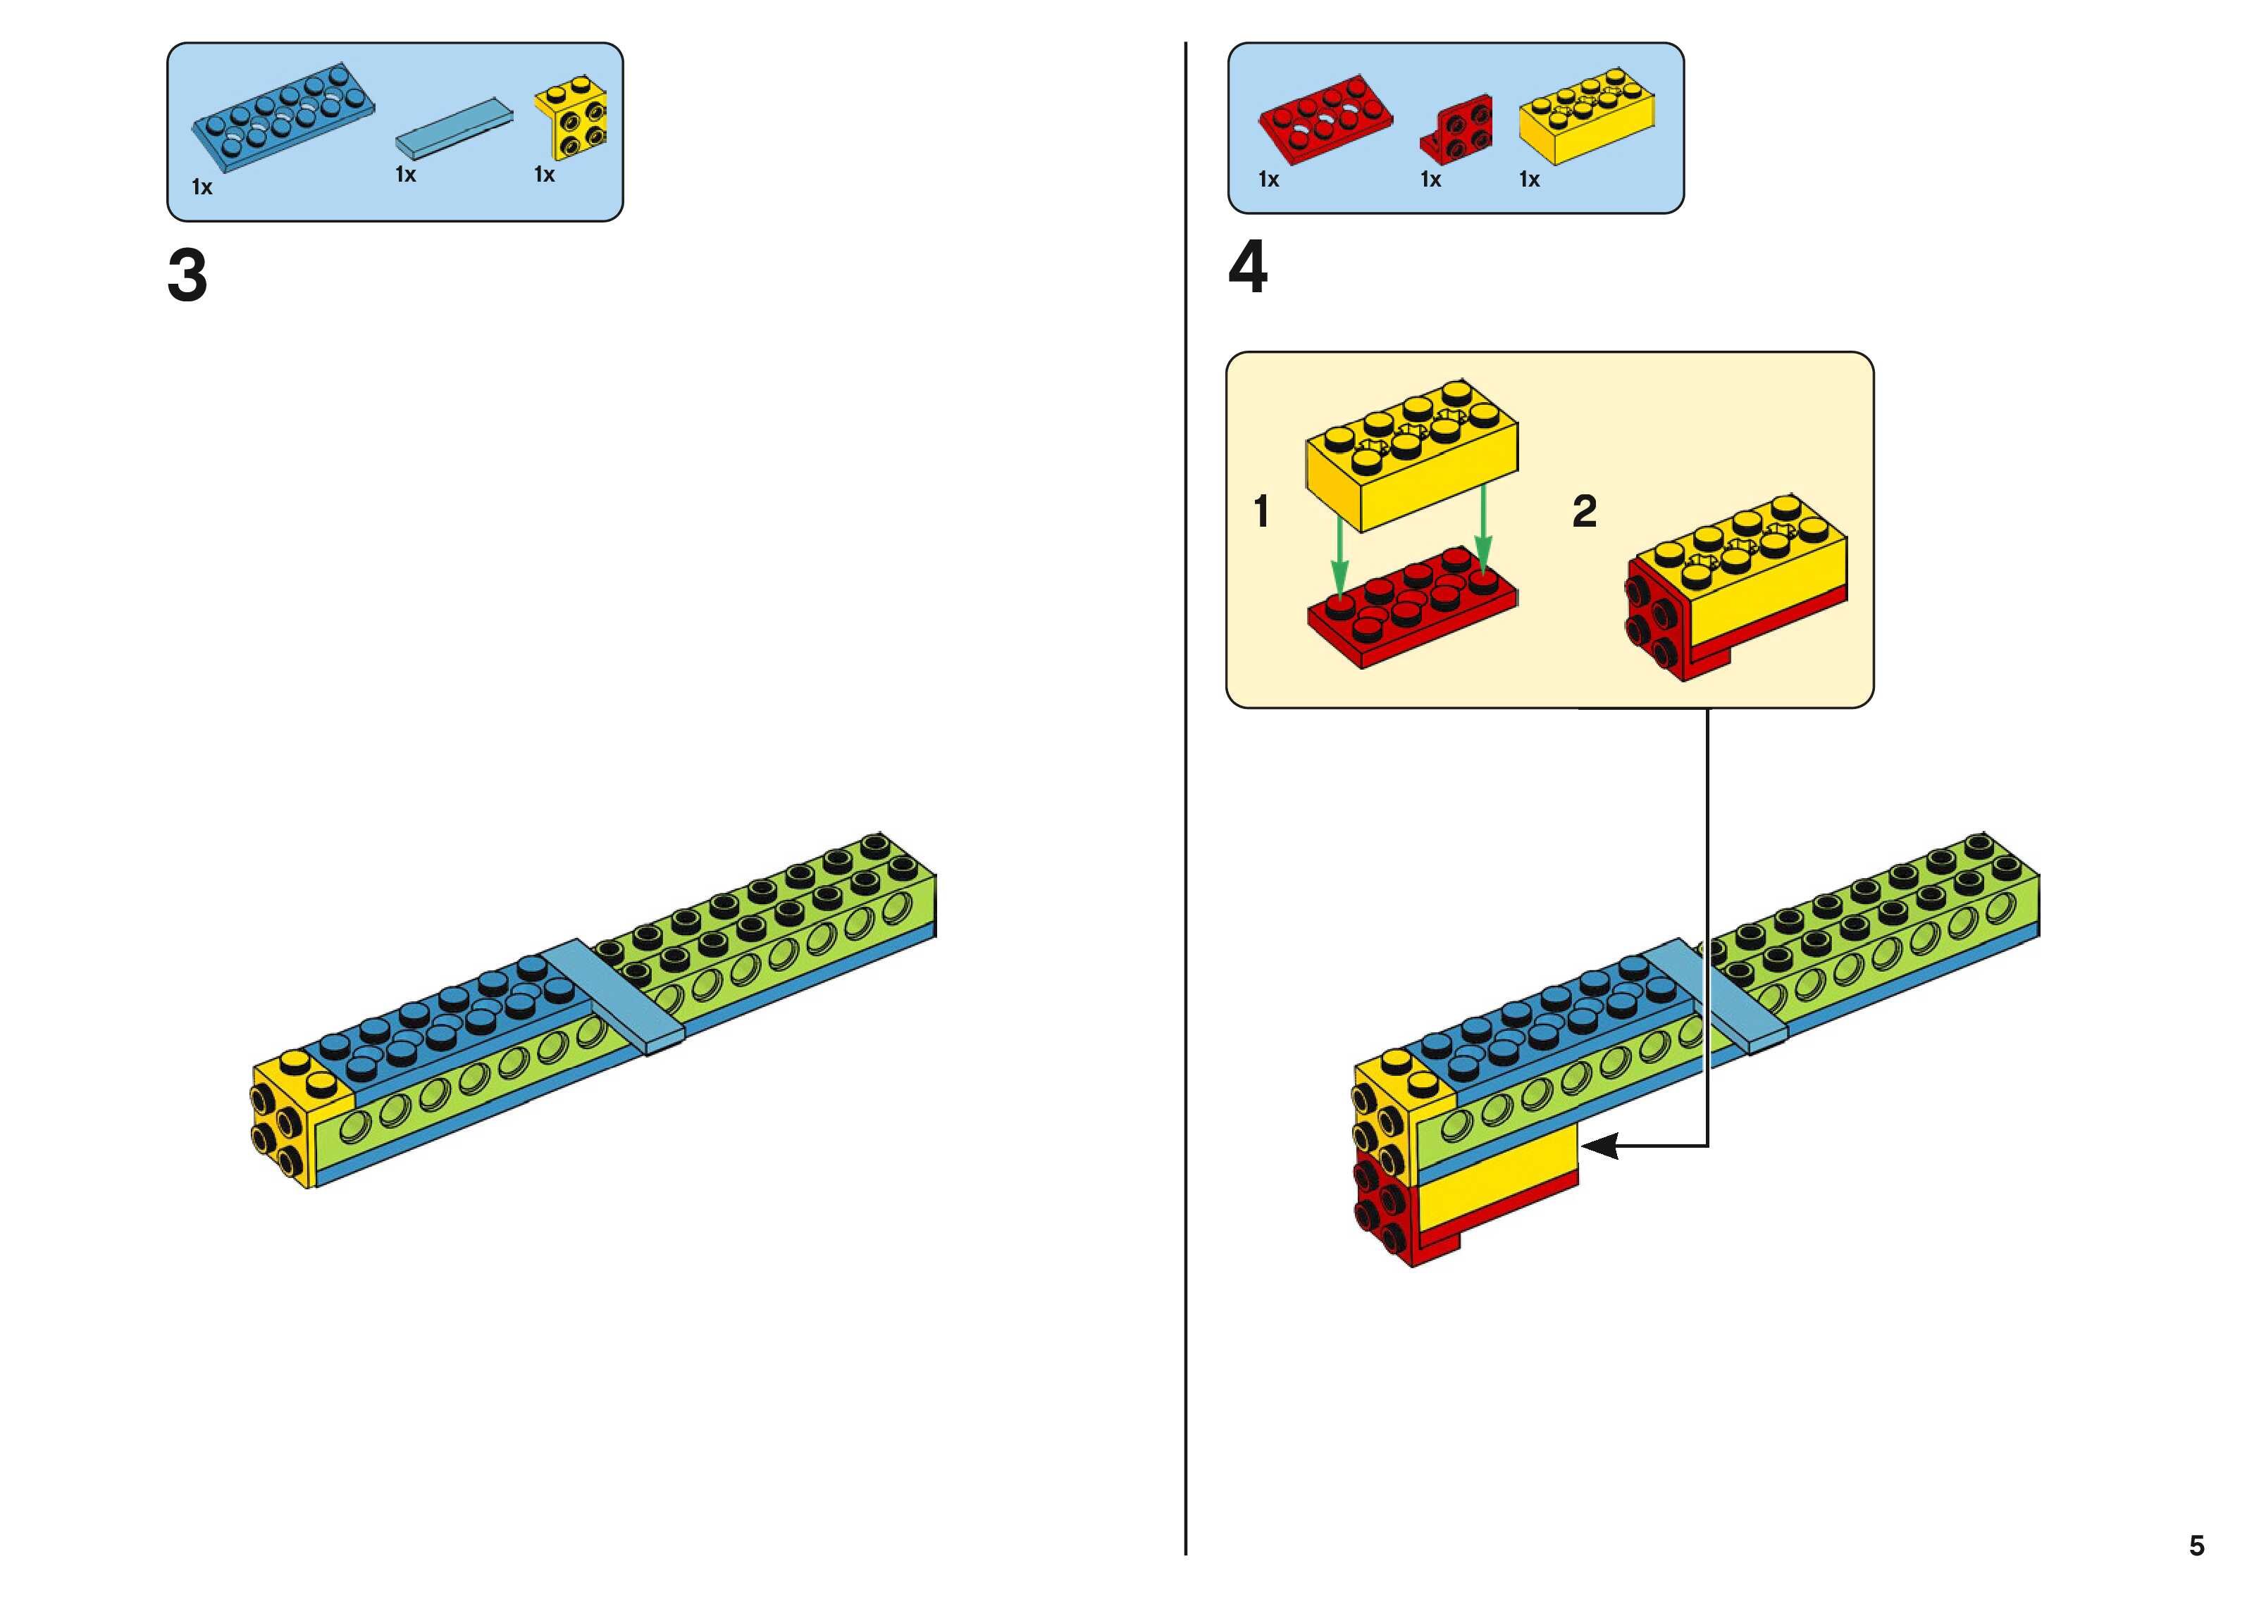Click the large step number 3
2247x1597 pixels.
click(187, 275)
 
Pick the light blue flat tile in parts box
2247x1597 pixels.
click(454, 128)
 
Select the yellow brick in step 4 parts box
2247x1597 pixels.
click(1586, 116)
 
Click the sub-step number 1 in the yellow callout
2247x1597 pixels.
click(1261, 511)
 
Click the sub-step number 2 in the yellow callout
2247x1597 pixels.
click(1584, 511)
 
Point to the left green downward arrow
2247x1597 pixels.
click(1339, 556)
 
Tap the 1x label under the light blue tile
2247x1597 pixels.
click(405, 175)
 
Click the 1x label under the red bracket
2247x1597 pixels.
click(1430, 180)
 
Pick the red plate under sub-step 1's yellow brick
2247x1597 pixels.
click(1413, 608)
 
